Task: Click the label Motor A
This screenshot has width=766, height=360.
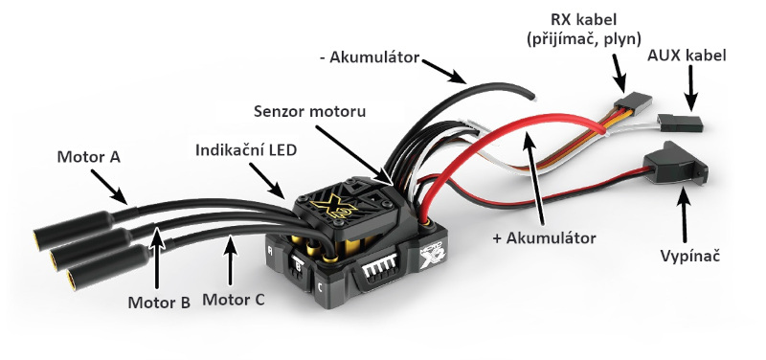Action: coord(88,157)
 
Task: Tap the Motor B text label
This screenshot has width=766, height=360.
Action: coord(159,303)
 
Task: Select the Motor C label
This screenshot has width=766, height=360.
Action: coord(234,300)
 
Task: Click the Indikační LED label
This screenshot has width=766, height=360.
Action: coord(246,150)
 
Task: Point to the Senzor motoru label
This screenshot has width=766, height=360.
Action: coord(309,111)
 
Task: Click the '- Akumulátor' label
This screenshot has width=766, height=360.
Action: coord(370,57)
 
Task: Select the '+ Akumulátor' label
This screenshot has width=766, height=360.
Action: coord(544,238)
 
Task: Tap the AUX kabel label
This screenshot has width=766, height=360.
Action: coord(687,56)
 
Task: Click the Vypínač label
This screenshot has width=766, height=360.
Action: coord(690,256)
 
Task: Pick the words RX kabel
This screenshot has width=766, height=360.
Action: coord(584,19)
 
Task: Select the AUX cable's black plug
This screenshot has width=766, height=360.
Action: coord(680,123)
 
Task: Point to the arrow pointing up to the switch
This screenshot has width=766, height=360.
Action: coord(684,218)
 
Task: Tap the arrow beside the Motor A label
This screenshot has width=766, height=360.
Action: coord(109,187)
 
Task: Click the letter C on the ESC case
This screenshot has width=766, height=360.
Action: coord(320,287)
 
